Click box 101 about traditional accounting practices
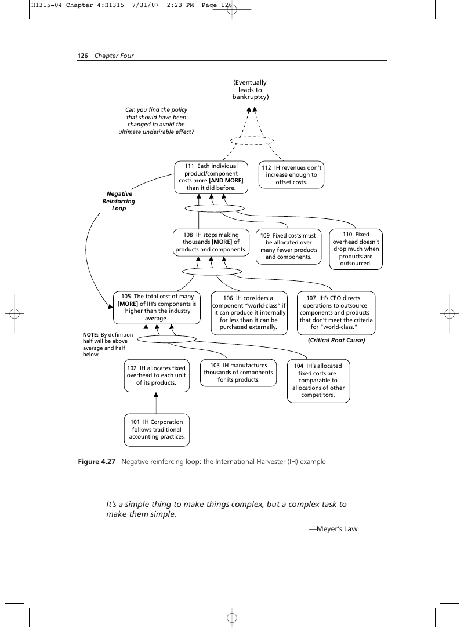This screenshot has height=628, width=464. pyautogui.click(x=157, y=430)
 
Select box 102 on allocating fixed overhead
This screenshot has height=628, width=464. pyautogui.click(x=157, y=375)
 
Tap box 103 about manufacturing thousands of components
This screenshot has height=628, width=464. pyautogui.click(x=238, y=373)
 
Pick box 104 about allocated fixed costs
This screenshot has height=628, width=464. pyautogui.click(x=318, y=381)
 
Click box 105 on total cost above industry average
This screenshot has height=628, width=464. pyautogui.click(x=157, y=308)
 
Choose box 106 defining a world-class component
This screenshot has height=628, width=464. pyautogui.click(x=249, y=313)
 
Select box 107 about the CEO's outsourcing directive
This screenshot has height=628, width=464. pyautogui.click(x=336, y=313)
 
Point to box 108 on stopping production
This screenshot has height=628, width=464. pyautogui.click(x=211, y=242)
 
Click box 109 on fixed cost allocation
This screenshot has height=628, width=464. pyautogui.click(x=289, y=247)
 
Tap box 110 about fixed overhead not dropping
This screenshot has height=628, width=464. pyautogui.click(x=356, y=249)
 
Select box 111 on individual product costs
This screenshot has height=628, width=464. pyautogui.click(x=211, y=177)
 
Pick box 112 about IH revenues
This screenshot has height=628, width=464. pyautogui.click(x=291, y=175)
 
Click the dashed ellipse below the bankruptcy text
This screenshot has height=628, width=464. pyautogui.click(x=252, y=136)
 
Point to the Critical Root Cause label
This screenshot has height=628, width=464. pyautogui.click(x=336, y=341)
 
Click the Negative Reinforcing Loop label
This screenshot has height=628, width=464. pyautogui.click(x=119, y=201)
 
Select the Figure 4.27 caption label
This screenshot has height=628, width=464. pyautogui.click(x=97, y=462)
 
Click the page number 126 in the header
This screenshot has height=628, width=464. pyautogui.click(x=82, y=56)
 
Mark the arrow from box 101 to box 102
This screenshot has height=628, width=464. pyautogui.click(x=156, y=403)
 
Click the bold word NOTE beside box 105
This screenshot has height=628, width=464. pyautogui.click(x=90, y=335)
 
